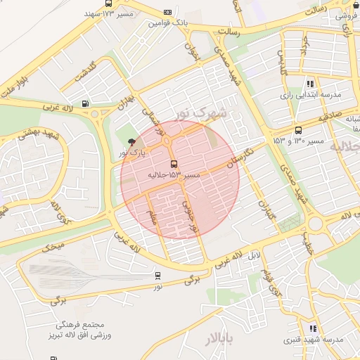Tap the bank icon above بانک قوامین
pyautogui.click(x=167, y=12)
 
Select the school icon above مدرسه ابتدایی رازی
pyautogui.click(x=311, y=84)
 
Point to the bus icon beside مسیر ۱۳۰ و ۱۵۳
pyautogui.click(x=298, y=130)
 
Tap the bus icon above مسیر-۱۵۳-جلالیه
pyautogui.click(x=174, y=164)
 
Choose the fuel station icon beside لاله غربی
pyautogui.click(x=86, y=103)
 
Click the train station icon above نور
pyautogui.click(x=157, y=276)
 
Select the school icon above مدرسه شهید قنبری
pyautogui.click(x=312, y=328)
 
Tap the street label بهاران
pyautogui.click(x=125, y=105)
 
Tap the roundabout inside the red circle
pyautogui.click(x=168, y=141)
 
